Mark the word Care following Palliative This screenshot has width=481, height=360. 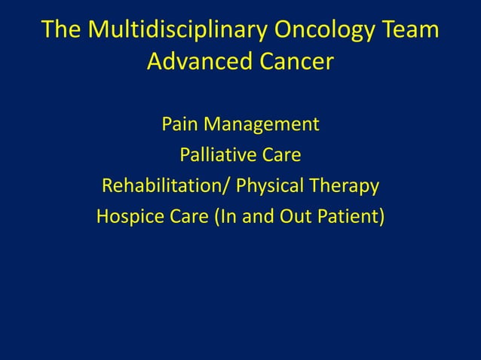tap(280, 155)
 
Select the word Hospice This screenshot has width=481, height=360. tap(126, 218)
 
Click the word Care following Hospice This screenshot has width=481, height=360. tap(185, 218)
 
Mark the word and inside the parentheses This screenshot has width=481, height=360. tap(258, 218)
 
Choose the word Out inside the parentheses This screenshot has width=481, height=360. tap(296, 218)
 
